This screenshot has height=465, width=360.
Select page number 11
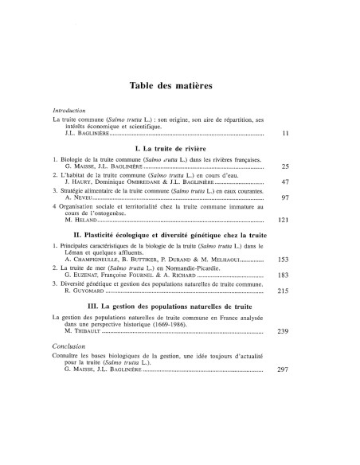tap(307, 133)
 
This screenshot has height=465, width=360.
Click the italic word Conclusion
tap(67, 369)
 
